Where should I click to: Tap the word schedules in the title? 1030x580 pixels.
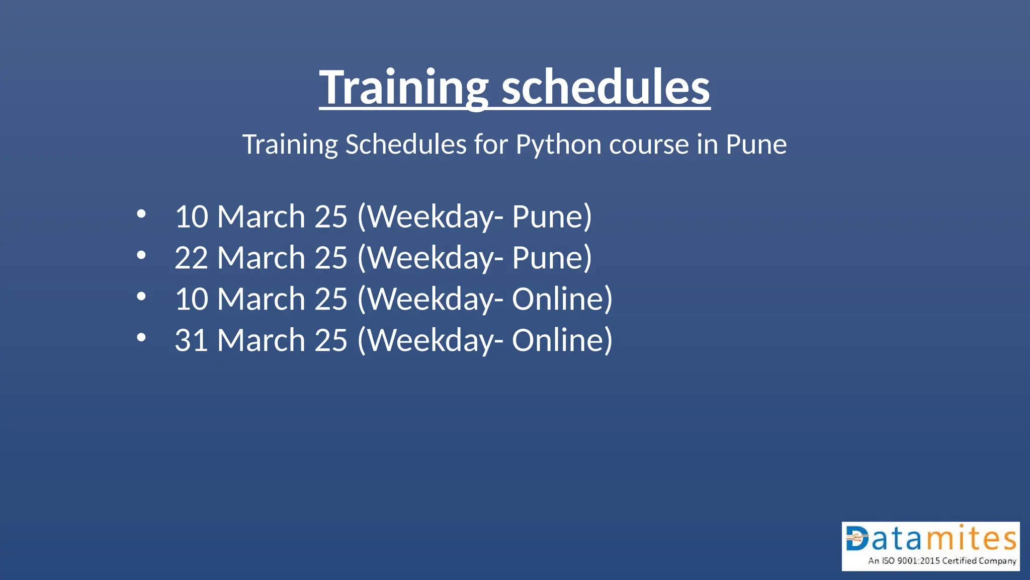[x=606, y=88]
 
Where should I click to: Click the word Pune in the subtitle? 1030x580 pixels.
[x=756, y=144]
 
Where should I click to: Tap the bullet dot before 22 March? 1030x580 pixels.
[x=141, y=255]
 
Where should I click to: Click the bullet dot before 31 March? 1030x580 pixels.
[x=141, y=338]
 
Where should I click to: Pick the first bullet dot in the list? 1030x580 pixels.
[x=141, y=214]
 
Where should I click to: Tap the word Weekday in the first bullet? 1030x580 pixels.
[x=432, y=217]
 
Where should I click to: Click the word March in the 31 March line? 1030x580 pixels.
[x=261, y=340]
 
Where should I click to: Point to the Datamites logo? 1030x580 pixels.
[x=930, y=546]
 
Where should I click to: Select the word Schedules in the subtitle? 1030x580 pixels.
[x=406, y=144]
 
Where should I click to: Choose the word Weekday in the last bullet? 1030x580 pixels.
[x=432, y=340]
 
